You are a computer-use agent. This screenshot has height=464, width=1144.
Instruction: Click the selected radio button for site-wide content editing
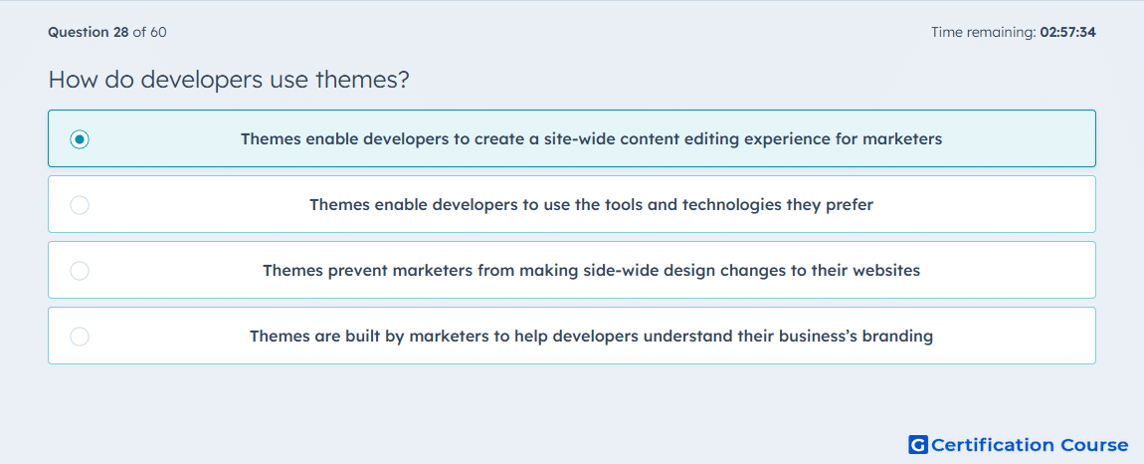pyautogui.click(x=80, y=138)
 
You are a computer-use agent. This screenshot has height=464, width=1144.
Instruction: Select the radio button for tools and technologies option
pyautogui.click(x=80, y=205)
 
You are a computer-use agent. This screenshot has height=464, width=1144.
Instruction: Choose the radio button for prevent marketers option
pyautogui.click(x=80, y=271)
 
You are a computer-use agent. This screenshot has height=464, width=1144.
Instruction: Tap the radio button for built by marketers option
pyautogui.click(x=80, y=337)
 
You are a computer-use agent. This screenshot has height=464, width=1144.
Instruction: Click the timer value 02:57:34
pyautogui.click(x=1068, y=32)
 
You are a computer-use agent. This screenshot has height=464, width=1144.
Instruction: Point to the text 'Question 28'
pyautogui.click(x=89, y=32)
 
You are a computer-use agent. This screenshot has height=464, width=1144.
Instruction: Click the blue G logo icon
pyautogui.click(x=918, y=444)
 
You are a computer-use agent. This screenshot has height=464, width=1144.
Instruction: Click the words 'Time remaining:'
pyautogui.click(x=984, y=32)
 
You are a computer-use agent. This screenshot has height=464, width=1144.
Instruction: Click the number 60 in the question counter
pyautogui.click(x=158, y=32)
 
